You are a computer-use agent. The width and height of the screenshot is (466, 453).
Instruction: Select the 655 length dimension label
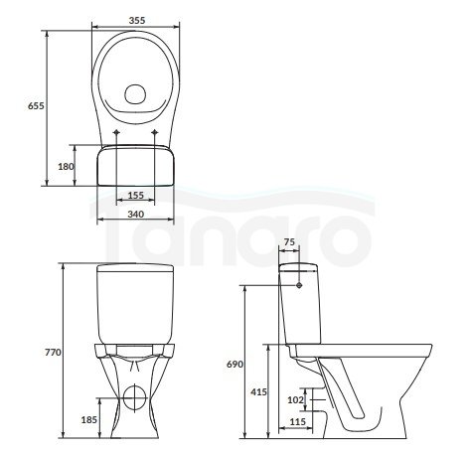click(x=35, y=105)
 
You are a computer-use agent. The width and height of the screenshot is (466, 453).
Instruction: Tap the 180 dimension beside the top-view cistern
click(x=67, y=167)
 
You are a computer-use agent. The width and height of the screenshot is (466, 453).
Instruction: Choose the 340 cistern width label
click(x=136, y=214)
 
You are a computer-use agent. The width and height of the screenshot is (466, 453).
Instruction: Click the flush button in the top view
click(x=136, y=96)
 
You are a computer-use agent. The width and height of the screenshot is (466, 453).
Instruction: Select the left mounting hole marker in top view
click(x=117, y=131)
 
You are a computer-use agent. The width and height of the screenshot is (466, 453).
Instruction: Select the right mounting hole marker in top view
click(x=156, y=131)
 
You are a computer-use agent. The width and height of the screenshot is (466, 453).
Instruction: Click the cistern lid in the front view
click(x=136, y=269)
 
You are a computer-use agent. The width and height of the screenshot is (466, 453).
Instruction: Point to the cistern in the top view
click(x=136, y=164)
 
